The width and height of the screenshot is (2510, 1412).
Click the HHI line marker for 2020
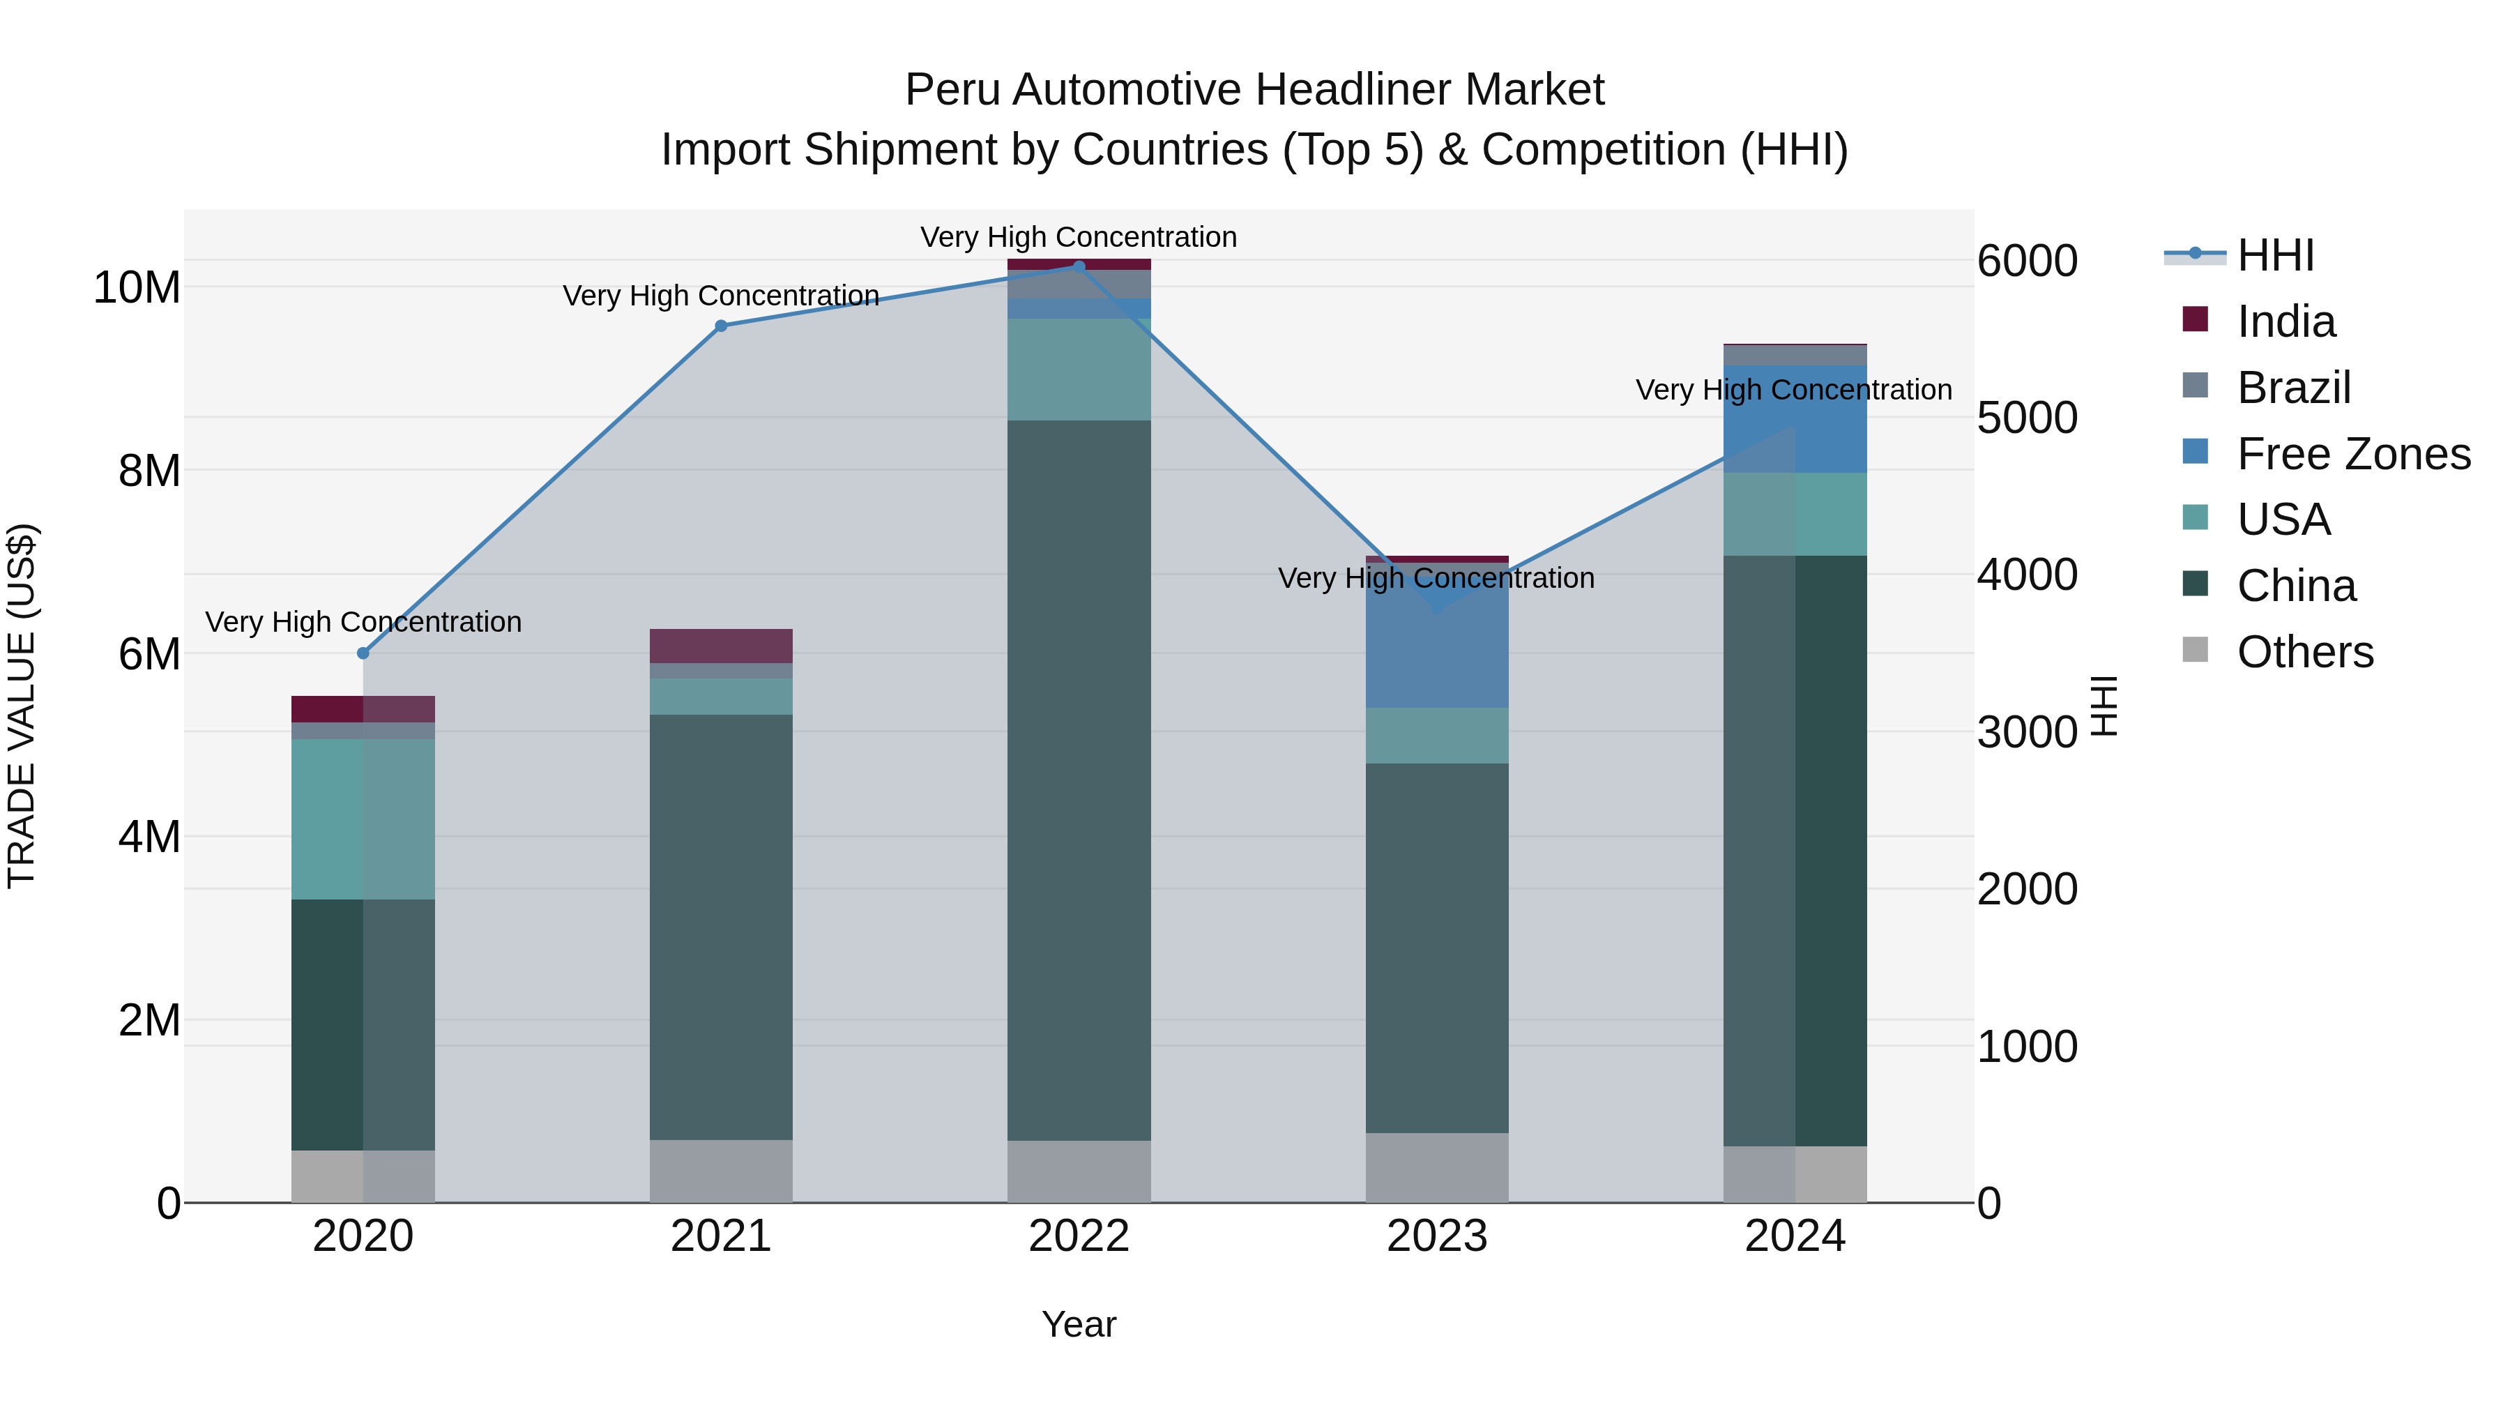click(x=363, y=653)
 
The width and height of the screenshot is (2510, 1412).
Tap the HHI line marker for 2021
click(x=721, y=326)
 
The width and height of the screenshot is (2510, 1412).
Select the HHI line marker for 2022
click(x=1079, y=266)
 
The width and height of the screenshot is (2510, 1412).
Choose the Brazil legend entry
click(x=2294, y=388)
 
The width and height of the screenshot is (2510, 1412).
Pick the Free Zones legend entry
click(x=2353, y=454)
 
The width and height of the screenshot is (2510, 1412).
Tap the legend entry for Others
click(x=2304, y=652)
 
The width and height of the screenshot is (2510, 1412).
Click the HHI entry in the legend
click(x=2275, y=255)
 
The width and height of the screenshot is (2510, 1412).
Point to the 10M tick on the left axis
click(x=137, y=287)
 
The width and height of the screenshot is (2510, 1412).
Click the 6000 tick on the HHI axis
click(x=2027, y=261)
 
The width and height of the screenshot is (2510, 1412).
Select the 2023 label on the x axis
click(x=1436, y=1236)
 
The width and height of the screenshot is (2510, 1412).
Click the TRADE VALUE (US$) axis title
click(x=22, y=706)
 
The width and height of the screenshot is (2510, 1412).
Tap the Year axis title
click(x=1079, y=1324)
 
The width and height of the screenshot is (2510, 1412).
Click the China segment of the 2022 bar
click(x=1079, y=780)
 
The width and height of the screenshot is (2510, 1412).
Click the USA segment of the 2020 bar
click(x=363, y=819)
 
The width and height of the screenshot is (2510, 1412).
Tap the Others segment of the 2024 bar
click(x=1795, y=1174)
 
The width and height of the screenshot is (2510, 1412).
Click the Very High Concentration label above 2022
click(x=1079, y=237)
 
